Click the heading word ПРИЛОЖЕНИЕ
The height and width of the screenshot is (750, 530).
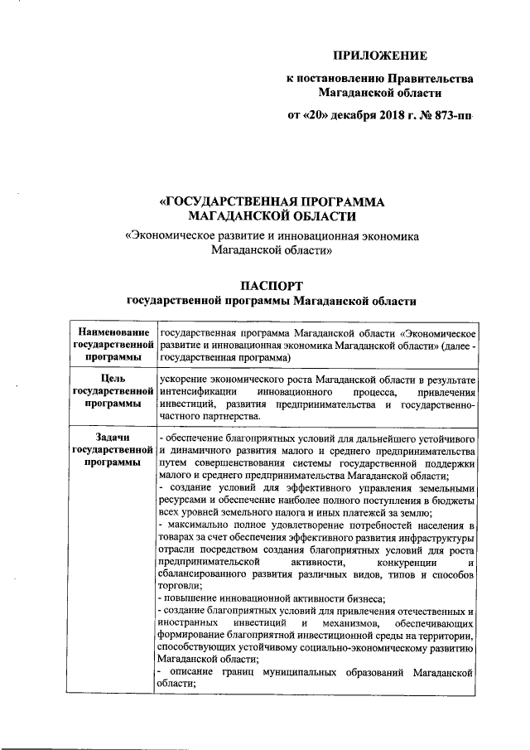pos(379,56)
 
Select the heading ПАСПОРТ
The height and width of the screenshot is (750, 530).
pos(271,285)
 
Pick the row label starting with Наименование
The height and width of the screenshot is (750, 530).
pos(112,332)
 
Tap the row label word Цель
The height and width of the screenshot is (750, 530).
pos(112,380)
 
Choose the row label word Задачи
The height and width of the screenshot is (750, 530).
pos(112,438)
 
